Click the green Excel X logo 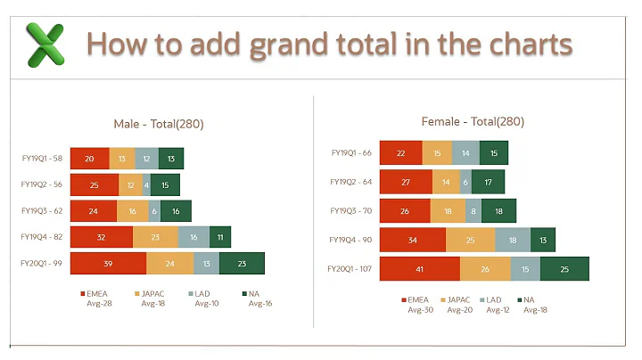pyautogui.click(x=45, y=45)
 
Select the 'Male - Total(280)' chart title pyautogui.click(x=165, y=124)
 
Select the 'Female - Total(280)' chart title pyautogui.click(x=473, y=121)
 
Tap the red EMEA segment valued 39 pyautogui.click(x=108, y=263)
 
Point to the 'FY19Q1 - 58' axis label pyautogui.click(x=42, y=159)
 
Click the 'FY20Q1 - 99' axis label pyautogui.click(x=42, y=263)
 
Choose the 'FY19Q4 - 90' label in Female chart pyautogui.click(x=350, y=240)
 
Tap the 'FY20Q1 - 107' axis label pyautogui.click(x=349, y=269)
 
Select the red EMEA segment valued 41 pyautogui.click(x=419, y=269)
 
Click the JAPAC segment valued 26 pyautogui.click(x=485, y=269)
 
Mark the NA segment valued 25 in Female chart pyautogui.click(x=564, y=269)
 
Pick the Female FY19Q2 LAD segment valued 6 pyautogui.click(x=465, y=182)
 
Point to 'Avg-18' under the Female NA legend pyautogui.click(x=536, y=310)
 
